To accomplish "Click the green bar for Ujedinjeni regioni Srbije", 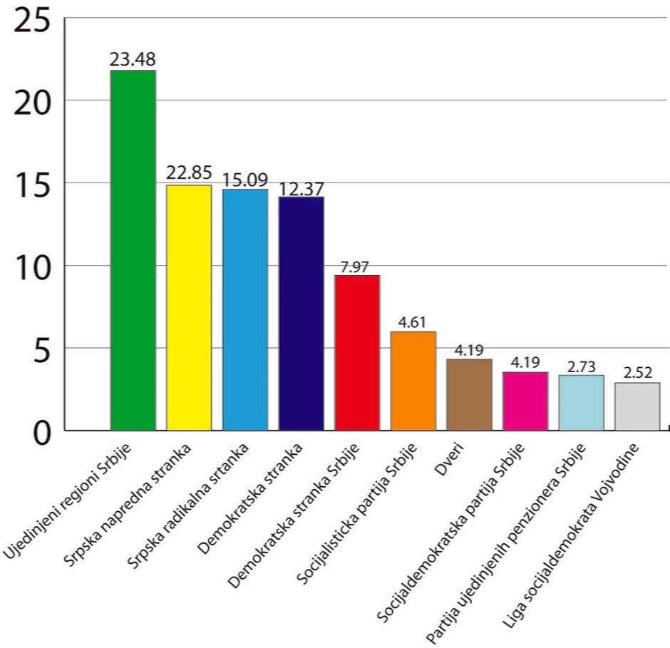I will click(x=133, y=250).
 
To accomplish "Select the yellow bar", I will click(x=189, y=307).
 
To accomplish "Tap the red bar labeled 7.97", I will click(x=357, y=352).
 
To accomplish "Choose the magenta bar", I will click(x=525, y=401).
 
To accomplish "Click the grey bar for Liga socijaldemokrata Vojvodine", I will click(x=637, y=406).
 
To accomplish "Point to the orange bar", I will click(x=413, y=381).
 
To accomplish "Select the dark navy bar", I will click(x=301, y=313).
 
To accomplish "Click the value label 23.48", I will click(x=133, y=60).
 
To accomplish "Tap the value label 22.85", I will click(x=189, y=173).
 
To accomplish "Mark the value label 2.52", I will click(x=637, y=371).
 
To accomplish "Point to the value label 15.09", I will click(x=245, y=178).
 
